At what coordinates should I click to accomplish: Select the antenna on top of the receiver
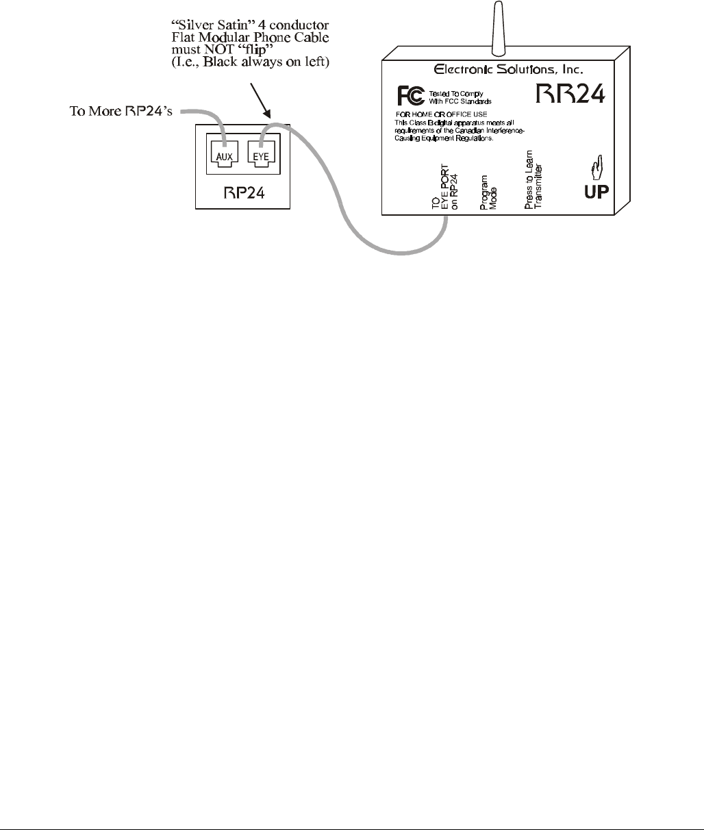coord(498,26)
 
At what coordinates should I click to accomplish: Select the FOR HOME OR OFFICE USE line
coord(442,114)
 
